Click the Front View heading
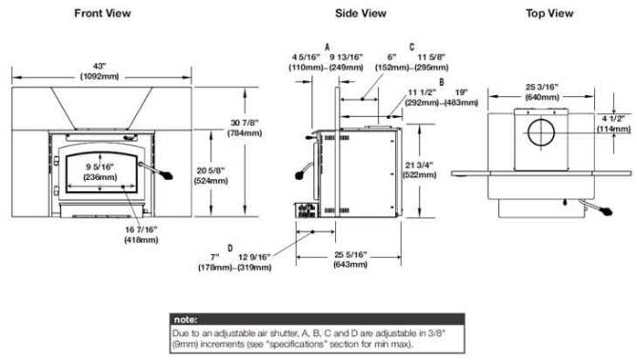pyautogui.click(x=103, y=13)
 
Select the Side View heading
pyautogui.click(x=359, y=13)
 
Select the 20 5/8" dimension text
pyautogui.click(x=209, y=174)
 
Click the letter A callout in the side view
pyautogui.click(x=327, y=45)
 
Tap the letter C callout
pyautogui.click(x=411, y=45)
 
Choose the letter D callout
pyautogui.click(x=229, y=245)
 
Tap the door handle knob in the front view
pyautogui.click(x=170, y=176)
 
